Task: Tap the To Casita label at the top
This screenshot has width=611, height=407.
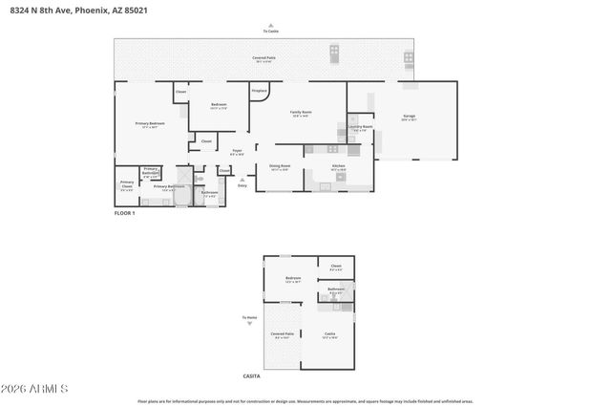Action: point(270,31)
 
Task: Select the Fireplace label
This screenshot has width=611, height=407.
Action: point(259,91)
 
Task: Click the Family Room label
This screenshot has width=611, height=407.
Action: point(302,114)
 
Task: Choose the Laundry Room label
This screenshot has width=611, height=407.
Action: point(360,127)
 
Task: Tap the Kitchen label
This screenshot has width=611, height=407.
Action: point(337,166)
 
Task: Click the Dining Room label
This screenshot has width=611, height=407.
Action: point(279,166)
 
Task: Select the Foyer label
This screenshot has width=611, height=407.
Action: point(237,151)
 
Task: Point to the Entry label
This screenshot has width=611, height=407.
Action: point(242,185)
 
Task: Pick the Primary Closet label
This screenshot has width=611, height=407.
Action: point(126,183)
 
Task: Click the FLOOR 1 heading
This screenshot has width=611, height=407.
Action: point(125,213)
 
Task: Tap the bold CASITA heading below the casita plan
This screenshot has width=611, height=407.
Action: point(252,377)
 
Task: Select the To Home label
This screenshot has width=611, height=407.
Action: point(249,317)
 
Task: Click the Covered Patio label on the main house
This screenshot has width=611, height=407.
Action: point(263,58)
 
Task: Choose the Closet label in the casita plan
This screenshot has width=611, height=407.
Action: point(335,267)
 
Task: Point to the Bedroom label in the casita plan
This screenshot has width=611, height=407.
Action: point(292,279)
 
